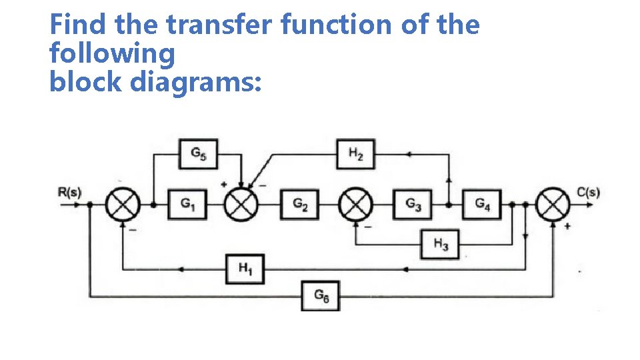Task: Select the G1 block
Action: click(x=187, y=205)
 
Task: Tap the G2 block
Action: click(x=300, y=205)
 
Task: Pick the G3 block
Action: click(x=413, y=205)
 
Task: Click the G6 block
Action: click(x=320, y=295)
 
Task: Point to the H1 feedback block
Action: click(x=245, y=269)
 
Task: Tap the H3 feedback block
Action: click(x=440, y=244)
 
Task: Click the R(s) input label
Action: click(x=69, y=193)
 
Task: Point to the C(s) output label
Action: click(x=588, y=193)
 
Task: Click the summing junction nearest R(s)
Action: click(x=123, y=205)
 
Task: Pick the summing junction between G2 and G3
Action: click(x=356, y=205)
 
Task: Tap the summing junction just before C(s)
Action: click(x=553, y=205)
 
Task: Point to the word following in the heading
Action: click(x=112, y=54)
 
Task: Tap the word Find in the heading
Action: click(x=79, y=25)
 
